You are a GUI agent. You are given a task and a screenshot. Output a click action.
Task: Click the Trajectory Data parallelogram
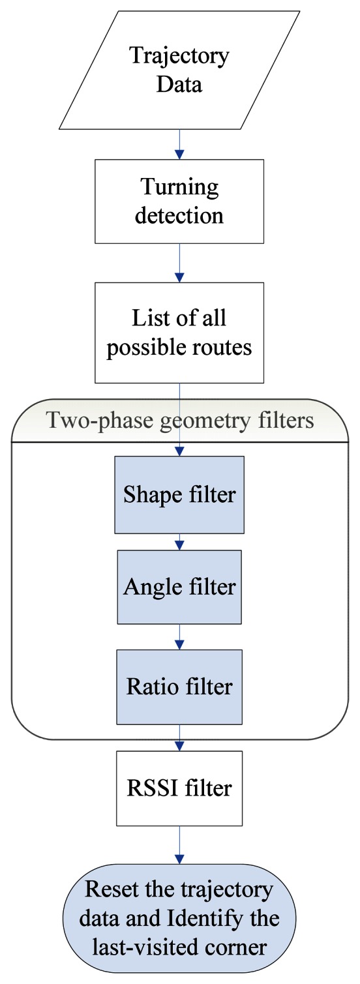179,69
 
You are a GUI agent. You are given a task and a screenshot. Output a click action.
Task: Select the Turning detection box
179,201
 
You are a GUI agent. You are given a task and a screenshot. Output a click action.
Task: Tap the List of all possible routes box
179,333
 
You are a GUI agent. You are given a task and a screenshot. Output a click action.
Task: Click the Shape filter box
179,494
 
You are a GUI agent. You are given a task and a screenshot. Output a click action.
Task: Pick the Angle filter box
179,587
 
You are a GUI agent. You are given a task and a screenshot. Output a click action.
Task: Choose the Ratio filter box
179,687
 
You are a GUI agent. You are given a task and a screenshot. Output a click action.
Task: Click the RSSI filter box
179,788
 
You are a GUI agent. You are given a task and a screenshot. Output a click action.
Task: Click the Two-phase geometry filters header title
179,421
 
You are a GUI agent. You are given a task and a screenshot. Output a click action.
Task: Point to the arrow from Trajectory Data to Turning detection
179,144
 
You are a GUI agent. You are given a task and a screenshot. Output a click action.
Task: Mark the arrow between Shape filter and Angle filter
179,541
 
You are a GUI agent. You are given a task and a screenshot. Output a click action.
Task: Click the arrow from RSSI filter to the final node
179,844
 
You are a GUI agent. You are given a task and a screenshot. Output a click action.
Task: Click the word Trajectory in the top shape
179,56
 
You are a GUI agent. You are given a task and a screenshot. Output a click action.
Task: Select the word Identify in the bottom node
200,919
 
